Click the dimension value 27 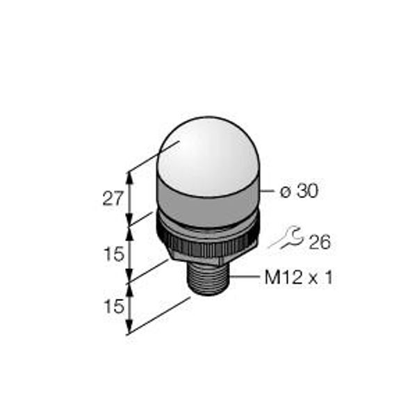(113, 198)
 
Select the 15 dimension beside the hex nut (114, 254)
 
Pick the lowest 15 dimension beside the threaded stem (114, 306)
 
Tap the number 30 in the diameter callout (308, 190)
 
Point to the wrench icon (286, 238)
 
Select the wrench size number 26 (320, 242)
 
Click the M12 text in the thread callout (284, 278)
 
